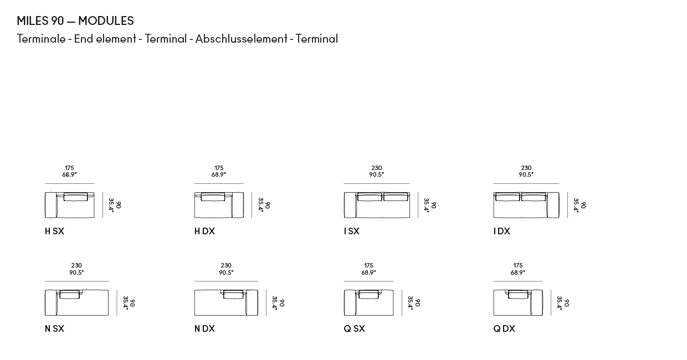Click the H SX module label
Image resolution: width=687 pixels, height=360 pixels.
pyautogui.click(x=54, y=231)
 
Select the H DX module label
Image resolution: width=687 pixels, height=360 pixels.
pyautogui.click(x=204, y=231)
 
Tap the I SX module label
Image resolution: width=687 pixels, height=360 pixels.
pyautogui.click(x=351, y=231)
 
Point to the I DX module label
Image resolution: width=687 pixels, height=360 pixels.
pyautogui.click(x=502, y=231)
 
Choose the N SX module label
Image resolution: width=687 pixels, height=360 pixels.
pyautogui.click(x=54, y=329)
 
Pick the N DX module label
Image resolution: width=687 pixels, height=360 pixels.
pyautogui.click(x=204, y=329)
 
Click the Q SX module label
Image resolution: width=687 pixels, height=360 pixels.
pyautogui.click(x=354, y=329)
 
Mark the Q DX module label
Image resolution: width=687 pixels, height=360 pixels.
pyautogui.click(x=504, y=329)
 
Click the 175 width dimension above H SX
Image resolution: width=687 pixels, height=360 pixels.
pyautogui.click(x=69, y=168)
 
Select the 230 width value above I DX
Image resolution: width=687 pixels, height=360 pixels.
pyautogui.click(x=526, y=168)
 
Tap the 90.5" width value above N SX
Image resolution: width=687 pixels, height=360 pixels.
pyautogui.click(x=76, y=272)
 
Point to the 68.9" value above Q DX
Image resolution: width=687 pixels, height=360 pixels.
pyautogui.click(x=517, y=272)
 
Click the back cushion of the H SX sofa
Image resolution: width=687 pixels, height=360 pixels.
pyautogui.click(x=76, y=197)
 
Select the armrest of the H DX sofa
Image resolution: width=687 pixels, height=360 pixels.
pyautogui.click(x=238, y=205)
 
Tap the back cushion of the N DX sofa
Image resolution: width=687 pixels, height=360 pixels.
pyautogui.click(x=233, y=294)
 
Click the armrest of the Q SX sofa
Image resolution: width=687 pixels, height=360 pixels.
pyautogui.click(x=350, y=302)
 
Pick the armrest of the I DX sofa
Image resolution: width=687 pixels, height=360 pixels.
pyautogui.click(x=553, y=205)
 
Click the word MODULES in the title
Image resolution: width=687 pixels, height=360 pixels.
pyautogui.click(x=106, y=21)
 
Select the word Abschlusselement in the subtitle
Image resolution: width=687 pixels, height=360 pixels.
pyautogui.click(x=241, y=39)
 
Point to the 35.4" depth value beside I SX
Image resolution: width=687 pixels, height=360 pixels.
pyautogui.click(x=426, y=205)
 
